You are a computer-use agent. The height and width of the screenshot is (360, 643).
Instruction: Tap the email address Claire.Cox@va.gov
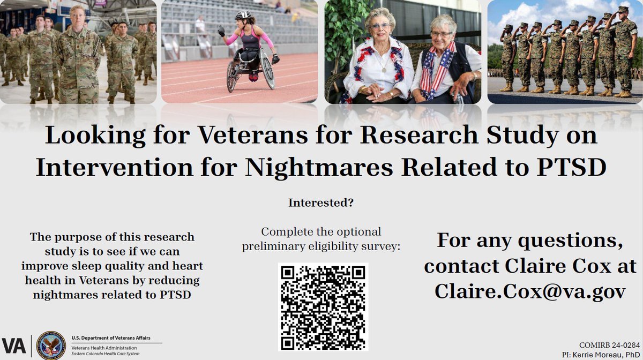pyautogui.click(x=530, y=291)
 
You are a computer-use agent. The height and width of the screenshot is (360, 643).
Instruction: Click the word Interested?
pyautogui.click(x=322, y=203)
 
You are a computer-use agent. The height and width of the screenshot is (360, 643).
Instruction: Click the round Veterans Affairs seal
pyautogui.click(x=51, y=344)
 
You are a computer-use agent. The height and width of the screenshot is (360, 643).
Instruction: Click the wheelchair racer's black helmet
pyautogui.click(x=243, y=16)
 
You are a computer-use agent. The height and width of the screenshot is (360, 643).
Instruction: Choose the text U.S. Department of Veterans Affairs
pyautogui.click(x=111, y=338)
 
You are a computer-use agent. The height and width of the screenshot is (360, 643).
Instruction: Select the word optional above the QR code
pyautogui.click(x=357, y=232)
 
